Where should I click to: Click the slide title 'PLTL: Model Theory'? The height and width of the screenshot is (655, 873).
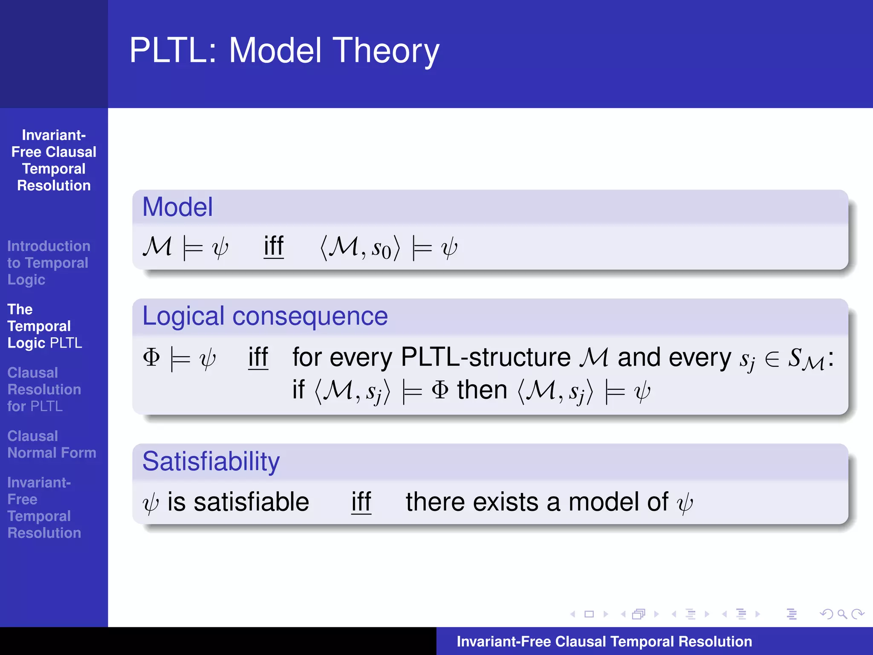(284, 51)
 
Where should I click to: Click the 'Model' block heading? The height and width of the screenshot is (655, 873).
(177, 207)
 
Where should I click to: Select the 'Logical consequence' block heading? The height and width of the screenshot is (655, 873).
(265, 316)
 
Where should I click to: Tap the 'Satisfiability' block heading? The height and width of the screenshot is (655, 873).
(211, 462)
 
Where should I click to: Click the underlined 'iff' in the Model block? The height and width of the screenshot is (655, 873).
(274, 246)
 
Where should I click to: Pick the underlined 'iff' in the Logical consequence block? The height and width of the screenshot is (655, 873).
(258, 357)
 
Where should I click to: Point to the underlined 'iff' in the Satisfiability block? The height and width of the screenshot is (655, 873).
(361, 502)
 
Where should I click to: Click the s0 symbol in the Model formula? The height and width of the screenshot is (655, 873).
(381, 249)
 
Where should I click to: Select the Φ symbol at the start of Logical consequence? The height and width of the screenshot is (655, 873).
(151, 357)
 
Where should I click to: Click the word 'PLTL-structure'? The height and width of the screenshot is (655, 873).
(486, 357)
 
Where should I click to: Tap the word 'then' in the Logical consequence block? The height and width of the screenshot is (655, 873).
(482, 390)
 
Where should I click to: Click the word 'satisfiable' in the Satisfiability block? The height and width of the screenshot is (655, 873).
(251, 502)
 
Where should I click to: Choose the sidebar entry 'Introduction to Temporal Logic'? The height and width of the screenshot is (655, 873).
(48, 263)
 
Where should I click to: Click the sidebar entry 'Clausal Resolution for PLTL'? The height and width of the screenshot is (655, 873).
(44, 389)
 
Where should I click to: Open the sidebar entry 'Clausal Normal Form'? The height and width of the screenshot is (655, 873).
(52, 444)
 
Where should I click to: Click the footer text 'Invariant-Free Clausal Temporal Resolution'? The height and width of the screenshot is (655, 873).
(604, 641)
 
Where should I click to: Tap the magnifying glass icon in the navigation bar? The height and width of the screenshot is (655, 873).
(842, 614)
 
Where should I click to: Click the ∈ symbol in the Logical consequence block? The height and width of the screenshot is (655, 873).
(772, 359)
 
